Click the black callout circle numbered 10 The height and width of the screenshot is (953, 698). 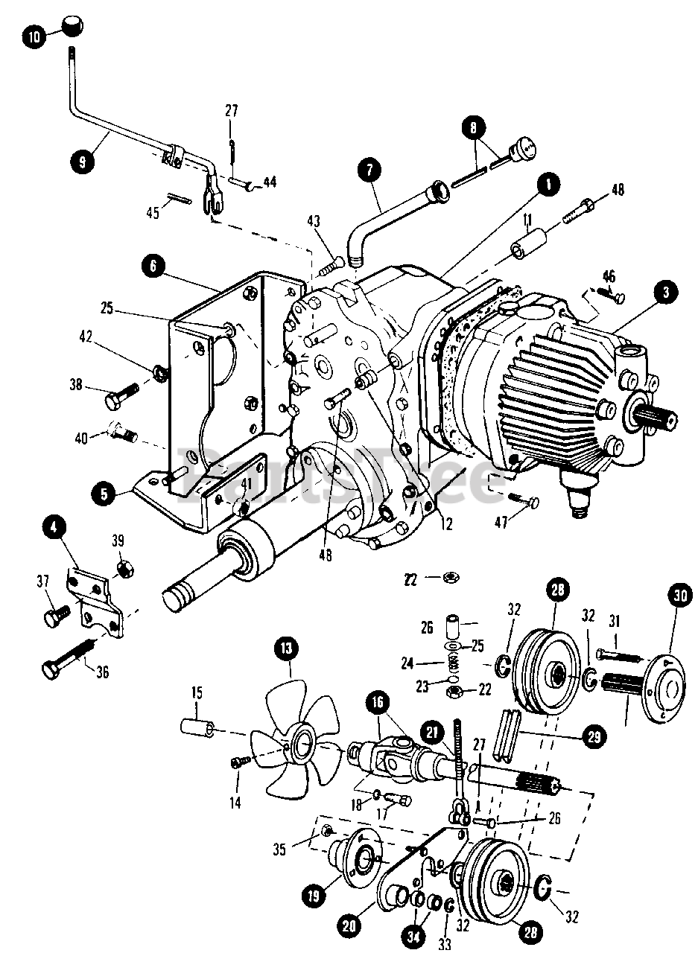pos(33,34)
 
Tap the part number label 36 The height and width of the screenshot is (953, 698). pos(102,672)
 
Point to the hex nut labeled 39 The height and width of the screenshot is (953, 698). pos(124,570)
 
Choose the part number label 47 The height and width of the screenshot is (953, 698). pos(501,523)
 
